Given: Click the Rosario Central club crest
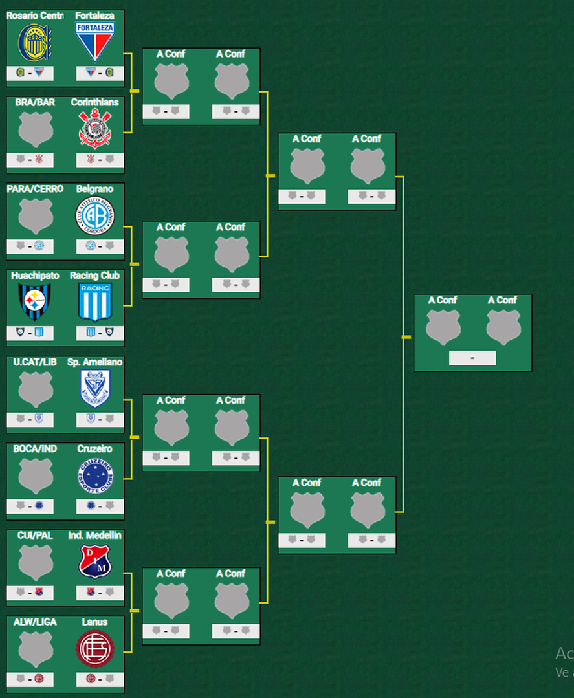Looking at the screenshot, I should pos(35,42).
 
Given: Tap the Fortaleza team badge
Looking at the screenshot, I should pos(94,42).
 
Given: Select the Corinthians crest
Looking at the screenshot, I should pos(94,129).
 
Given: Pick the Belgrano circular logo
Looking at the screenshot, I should pos(94,215).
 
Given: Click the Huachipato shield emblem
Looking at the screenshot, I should pos(35,302).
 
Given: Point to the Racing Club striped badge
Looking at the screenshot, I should pos(94,302).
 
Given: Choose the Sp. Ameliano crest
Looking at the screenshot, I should pos(94,388).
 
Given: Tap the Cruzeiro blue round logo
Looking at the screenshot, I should pos(94,475).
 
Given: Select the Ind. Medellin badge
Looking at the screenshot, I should pos(94,562).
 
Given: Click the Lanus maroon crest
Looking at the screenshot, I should pos(94,648).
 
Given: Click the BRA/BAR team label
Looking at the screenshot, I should pos(35,102).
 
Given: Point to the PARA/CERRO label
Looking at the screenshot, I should pos(35,189).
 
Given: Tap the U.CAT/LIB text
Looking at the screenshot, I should pos(35,362).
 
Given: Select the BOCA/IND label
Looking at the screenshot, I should pos(35,449).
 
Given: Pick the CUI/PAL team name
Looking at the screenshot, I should pos(35,536).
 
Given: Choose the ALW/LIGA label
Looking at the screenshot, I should pos(35,622).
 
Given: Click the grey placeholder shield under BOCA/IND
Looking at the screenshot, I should pos(35,476).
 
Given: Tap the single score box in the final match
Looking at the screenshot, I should pos(472,358).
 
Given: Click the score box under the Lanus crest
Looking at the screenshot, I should pos(100,679).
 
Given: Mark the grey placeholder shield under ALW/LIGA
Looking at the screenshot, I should pos(35,649).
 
